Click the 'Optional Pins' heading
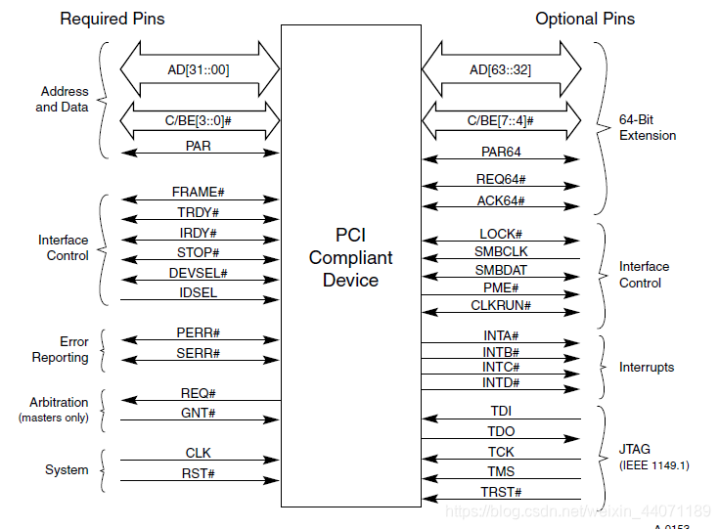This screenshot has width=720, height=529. point(584,19)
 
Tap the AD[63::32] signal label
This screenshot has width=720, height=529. point(501,70)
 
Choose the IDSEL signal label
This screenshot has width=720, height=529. point(200,292)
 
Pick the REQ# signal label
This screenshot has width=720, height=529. point(200,392)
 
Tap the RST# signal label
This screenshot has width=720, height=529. point(200,473)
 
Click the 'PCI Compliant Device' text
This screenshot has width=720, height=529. point(350,257)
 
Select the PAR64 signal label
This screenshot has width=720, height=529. point(501,152)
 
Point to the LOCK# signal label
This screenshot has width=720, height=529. point(501,235)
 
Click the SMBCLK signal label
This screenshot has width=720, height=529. point(501,252)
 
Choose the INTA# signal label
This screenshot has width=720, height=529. point(501,335)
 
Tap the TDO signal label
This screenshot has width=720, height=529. point(501,431)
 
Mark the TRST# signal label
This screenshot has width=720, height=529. point(501,491)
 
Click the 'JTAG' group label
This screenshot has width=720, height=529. point(636,449)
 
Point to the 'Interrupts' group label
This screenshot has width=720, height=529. point(647,367)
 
